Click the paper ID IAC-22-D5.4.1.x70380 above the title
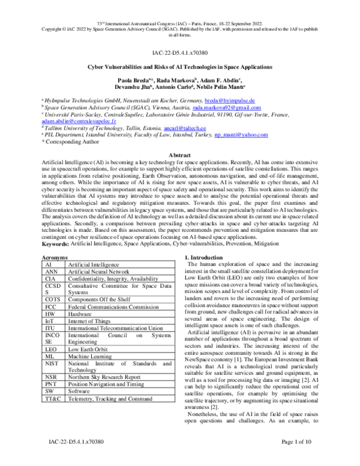[180, 53]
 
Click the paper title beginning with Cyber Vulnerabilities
[180, 69]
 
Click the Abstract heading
[180, 155]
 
